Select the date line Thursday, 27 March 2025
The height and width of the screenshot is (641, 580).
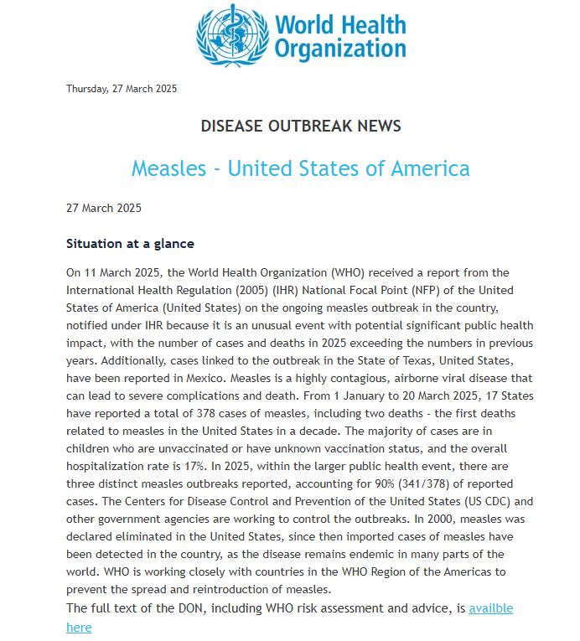tap(122, 89)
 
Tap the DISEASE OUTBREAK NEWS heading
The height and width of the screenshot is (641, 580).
tap(300, 127)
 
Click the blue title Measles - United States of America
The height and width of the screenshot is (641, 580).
tap(300, 168)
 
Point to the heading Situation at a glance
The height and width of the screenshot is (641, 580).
tap(130, 244)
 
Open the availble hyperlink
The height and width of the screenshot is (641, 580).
tap(490, 608)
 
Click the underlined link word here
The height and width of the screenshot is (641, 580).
tap(79, 627)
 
